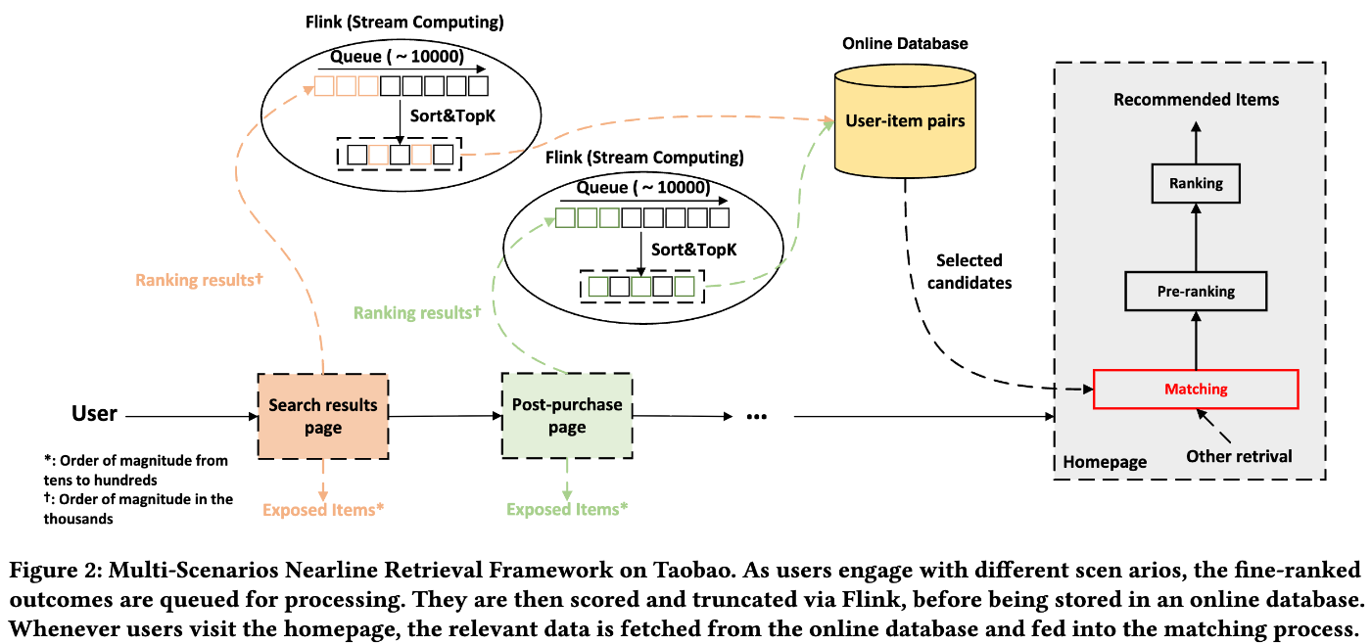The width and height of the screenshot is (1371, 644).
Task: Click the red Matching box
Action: pos(1195,389)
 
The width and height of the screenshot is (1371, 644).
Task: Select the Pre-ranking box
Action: pos(1195,291)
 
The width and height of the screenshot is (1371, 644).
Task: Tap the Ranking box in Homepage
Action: pos(1195,183)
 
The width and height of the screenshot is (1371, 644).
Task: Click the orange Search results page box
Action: pos(322,416)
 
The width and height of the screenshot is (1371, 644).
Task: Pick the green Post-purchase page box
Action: pos(566,416)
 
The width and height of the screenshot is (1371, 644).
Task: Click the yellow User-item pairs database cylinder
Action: pos(904,121)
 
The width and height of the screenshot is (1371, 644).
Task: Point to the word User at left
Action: pos(94,414)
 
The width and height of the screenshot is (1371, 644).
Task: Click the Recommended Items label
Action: pos(1195,100)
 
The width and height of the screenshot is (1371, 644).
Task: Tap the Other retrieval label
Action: pos(1239,456)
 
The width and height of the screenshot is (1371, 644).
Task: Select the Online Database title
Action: pos(904,44)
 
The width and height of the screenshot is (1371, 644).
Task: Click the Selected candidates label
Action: pos(969,271)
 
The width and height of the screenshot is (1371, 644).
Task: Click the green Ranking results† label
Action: pos(417,313)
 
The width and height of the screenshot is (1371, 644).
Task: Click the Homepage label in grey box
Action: pos(1105,462)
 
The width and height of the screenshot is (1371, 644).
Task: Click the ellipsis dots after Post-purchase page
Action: pos(755,417)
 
